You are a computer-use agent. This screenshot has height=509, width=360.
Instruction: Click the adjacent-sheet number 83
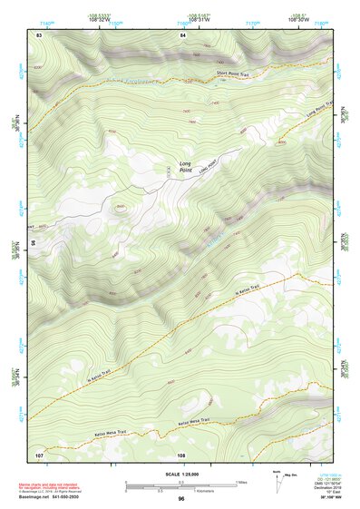pos(39,34)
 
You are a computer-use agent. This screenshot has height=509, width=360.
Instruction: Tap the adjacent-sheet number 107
pos(39,453)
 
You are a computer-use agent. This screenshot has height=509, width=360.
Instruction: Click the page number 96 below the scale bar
pos(181,499)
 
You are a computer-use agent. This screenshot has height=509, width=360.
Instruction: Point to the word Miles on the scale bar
pos(242,481)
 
